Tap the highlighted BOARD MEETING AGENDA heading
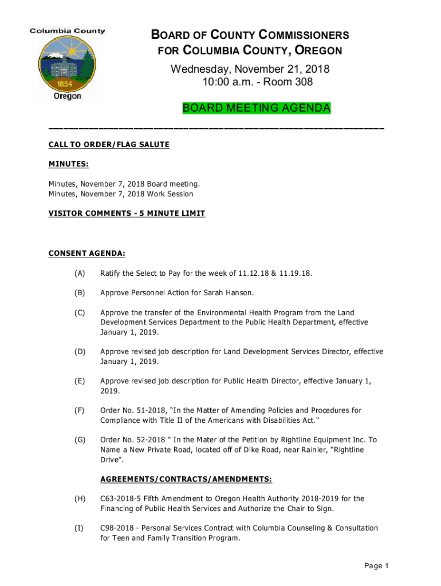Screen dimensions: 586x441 click(x=256, y=108)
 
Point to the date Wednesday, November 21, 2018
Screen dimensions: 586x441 click(x=250, y=69)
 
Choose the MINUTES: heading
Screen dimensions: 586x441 click(x=68, y=164)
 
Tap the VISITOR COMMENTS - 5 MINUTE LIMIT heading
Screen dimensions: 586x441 click(x=127, y=213)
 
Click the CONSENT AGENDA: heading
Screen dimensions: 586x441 click(x=87, y=252)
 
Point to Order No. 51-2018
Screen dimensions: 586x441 click(x=129, y=410)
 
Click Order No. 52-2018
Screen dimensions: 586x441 click(x=129, y=440)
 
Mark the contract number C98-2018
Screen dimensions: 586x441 click(x=118, y=528)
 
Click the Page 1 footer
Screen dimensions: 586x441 click(x=376, y=566)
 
